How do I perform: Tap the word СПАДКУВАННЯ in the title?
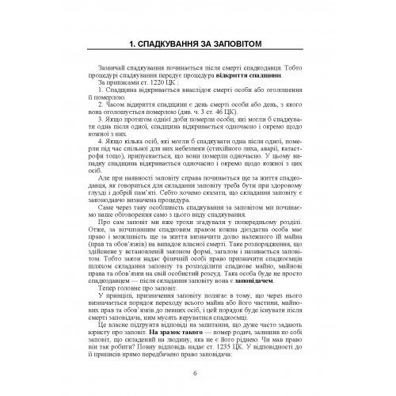click(170, 42)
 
